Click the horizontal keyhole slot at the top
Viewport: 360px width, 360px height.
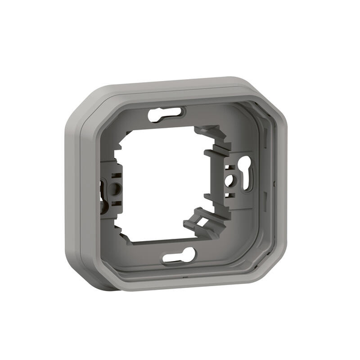coord(167,113)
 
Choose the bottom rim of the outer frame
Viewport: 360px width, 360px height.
coord(180,283)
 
